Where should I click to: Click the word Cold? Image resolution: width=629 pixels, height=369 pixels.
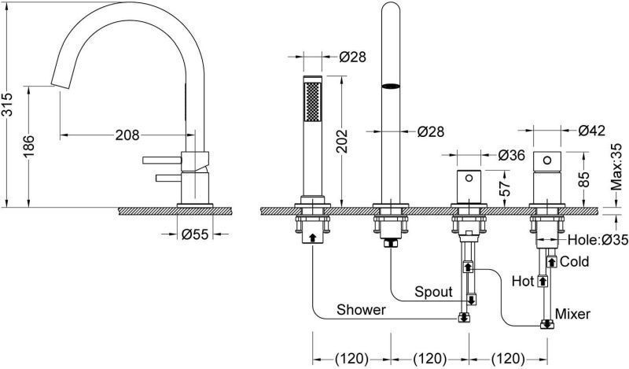[x=576, y=260]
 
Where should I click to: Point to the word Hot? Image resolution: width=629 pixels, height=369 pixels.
[x=522, y=279]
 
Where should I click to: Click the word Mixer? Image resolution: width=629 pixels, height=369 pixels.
[x=572, y=315]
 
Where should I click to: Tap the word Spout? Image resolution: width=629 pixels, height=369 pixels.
[x=434, y=292]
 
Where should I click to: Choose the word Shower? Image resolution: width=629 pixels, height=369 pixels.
[x=361, y=310]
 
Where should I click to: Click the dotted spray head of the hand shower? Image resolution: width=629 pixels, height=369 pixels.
[x=313, y=102]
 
